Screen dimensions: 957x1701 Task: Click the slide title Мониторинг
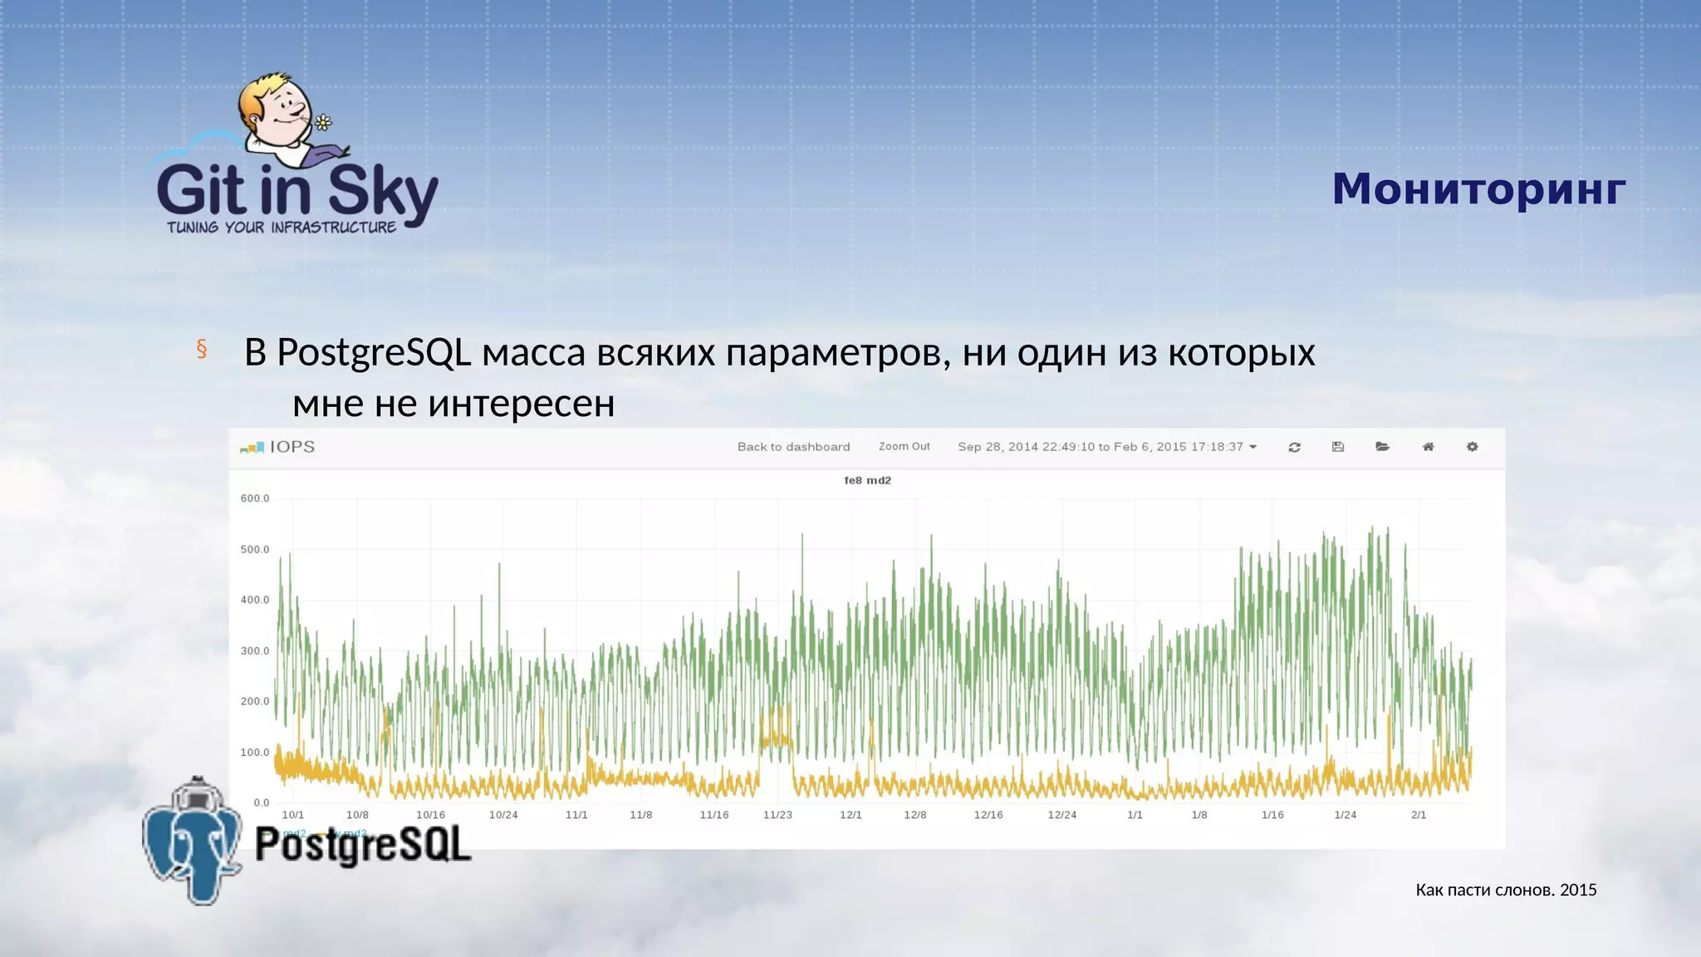click(x=1478, y=189)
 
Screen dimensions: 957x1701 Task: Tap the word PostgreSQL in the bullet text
click(x=374, y=352)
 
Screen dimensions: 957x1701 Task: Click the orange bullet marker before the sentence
click(x=201, y=349)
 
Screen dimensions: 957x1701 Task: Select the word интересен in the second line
click(x=521, y=404)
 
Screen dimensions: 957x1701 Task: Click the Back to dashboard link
click(x=793, y=447)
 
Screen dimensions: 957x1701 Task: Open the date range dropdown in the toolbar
click(x=1107, y=447)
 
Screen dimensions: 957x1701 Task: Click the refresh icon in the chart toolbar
click(x=1294, y=447)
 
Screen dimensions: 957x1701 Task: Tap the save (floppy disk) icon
click(x=1338, y=447)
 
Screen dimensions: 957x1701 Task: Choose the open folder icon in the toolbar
click(x=1382, y=447)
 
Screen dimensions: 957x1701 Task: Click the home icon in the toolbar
click(x=1428, y=447)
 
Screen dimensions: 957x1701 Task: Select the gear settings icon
click(x=1472, y=447)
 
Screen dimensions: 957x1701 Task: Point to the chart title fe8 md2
click(x=867, y=480)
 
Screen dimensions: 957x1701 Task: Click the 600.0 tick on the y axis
click(x=255, y=498)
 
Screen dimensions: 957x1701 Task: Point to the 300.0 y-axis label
click(x=255, y=651)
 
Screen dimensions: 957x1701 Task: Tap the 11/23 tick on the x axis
click(x=777, y=815)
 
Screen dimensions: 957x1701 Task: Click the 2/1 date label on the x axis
click(x=1419, y=815)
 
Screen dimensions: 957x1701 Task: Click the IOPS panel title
click(x=292, y=447)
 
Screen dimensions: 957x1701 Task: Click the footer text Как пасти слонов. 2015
click(x=1506, y=890)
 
